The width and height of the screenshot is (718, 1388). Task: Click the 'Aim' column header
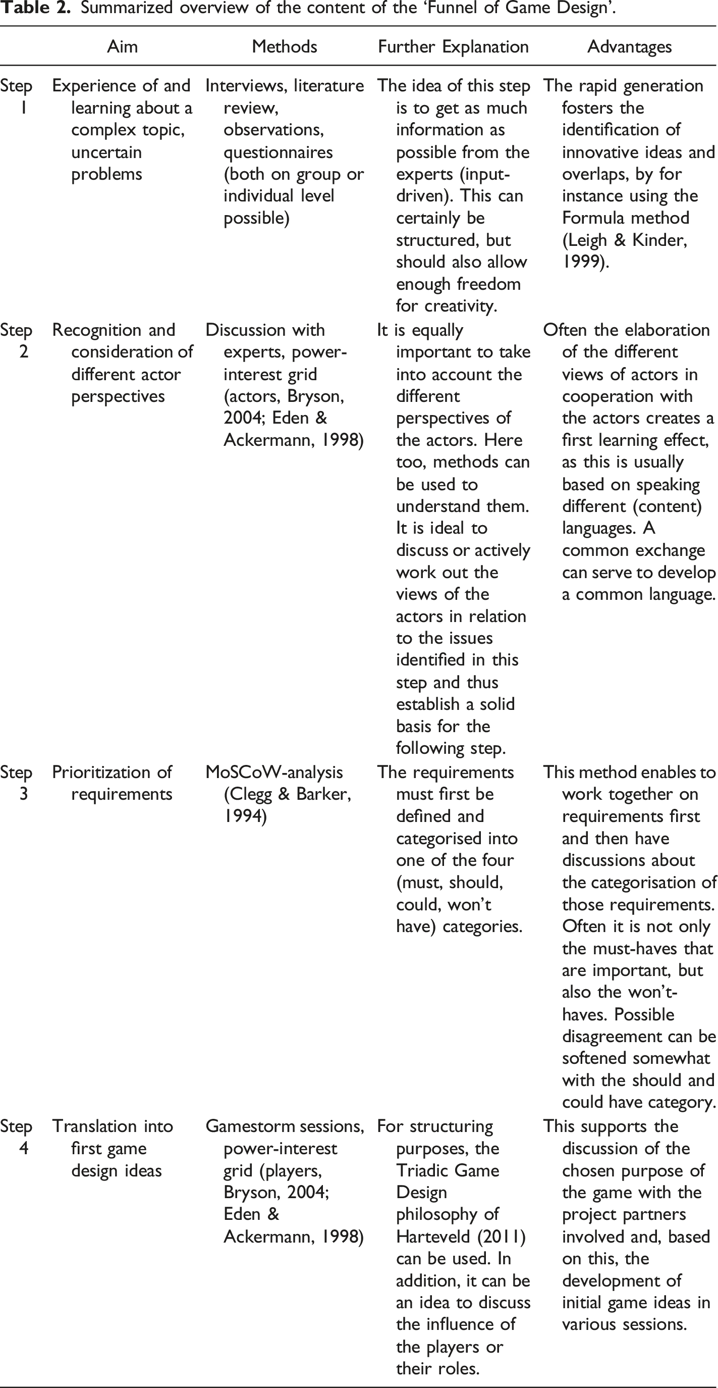pyautogui.click(x=122, y=47)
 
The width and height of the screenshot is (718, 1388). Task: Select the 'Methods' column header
pyautogui.click(x=285, y=47)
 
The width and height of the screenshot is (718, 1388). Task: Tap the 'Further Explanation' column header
pyautogui.click(x=453, y=47)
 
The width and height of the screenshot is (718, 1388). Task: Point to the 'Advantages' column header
pyautogui.click(x=629, y=47)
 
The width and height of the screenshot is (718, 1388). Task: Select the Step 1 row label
pyautogui.click(x=16, y=96)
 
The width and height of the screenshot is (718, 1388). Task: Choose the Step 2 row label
pyautogui.click(x=16, y=340)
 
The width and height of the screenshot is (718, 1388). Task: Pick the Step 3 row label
pyautogui.click(x=16, y=783)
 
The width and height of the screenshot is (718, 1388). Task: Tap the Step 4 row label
pyautogui.click(x=16, y=1137)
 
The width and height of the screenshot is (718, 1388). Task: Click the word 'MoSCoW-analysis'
pyautogui.click(x=274, y=772)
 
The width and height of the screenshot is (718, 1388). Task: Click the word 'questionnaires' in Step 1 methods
pyautogui.click(x=278, y=152)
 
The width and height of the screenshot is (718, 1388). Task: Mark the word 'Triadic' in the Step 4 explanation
pyautogui.click(x=421, y=1170)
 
